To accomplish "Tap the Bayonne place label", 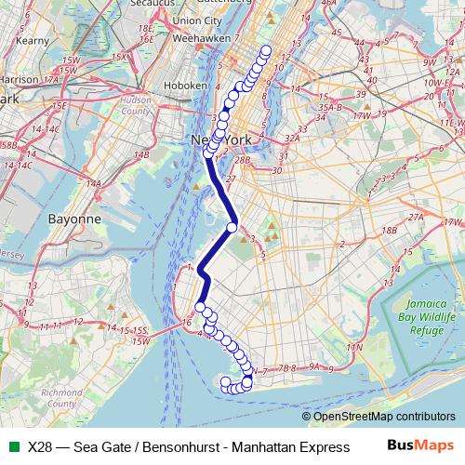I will coord(73,219).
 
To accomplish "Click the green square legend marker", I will coord(13,447).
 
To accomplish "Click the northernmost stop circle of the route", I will coord(267,51).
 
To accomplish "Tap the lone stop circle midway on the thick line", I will coord(232,227).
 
